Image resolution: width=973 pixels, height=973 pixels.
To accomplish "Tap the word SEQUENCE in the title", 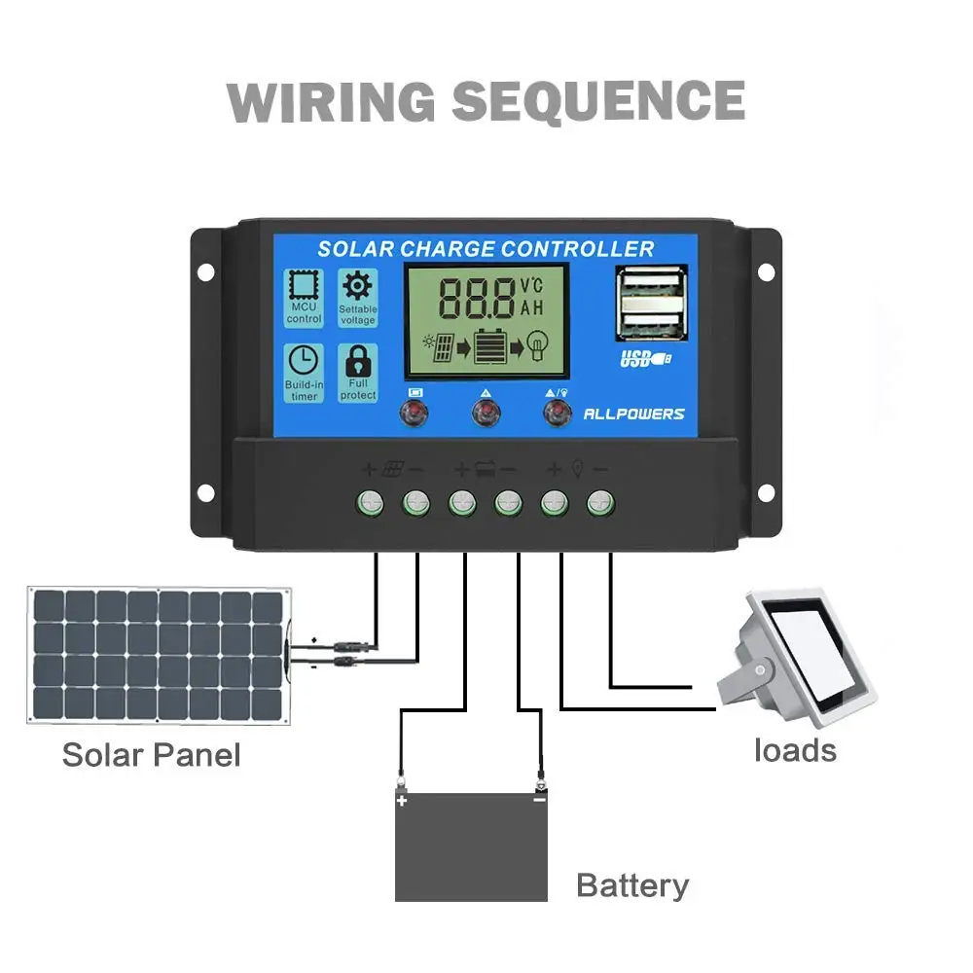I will tap(598, 100).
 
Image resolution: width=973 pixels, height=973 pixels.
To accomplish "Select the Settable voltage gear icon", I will tap(358, 286).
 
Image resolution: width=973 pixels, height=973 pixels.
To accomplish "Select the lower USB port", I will tap(650, 321).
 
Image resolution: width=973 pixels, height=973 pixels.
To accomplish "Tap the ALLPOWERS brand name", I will tap(633, 414).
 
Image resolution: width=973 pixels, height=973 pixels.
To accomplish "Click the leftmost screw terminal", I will tap(371, 503).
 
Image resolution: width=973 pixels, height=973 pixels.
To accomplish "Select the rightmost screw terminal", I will tap(600, 503).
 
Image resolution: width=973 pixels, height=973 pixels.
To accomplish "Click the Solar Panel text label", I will tap(151, 754).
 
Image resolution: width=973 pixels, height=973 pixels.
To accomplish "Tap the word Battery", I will tap(632, 885).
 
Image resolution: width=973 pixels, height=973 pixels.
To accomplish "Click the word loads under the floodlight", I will tap(795, 750).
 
